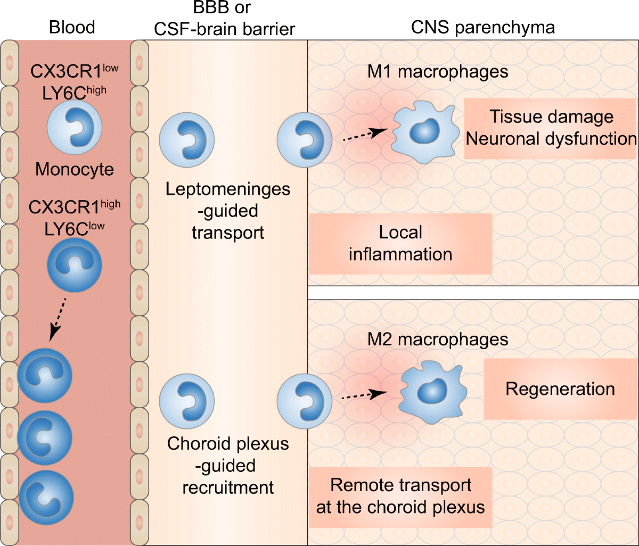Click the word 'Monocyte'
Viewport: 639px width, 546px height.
click(75, 170)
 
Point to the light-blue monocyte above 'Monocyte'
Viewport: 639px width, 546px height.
click(75, 128)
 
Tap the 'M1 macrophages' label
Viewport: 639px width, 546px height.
click(438, 71)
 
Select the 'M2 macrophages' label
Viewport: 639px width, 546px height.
click(438, 338)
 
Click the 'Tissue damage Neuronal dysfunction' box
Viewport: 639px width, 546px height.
click(551, 128)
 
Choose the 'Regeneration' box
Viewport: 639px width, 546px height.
click(560, 388)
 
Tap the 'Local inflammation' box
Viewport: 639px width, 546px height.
click(400, 243)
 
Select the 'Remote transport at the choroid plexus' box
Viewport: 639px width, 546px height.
click(400, 496)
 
